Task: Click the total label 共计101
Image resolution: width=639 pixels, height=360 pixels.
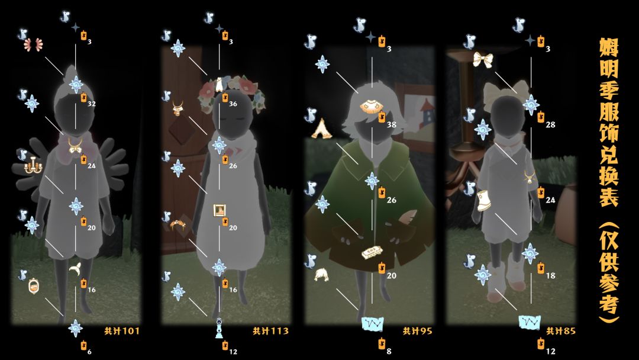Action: tap(122, 330)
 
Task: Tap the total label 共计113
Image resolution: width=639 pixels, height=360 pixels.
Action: tap(270, 330)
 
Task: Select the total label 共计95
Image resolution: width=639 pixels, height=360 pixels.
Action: tap(417, 331)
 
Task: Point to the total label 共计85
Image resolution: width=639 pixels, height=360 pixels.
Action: tap(561, 331)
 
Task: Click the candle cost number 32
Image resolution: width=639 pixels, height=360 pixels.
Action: tap(91, 104)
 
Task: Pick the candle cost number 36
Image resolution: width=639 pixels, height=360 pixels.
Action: tap(233, 104)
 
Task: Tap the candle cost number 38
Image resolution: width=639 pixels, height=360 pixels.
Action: tap(391, 125)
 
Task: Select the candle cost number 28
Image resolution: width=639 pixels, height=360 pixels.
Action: tap(550, 125)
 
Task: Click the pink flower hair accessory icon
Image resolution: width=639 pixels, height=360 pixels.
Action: tap(33, 45)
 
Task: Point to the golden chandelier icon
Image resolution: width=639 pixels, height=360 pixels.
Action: tap(33, 166)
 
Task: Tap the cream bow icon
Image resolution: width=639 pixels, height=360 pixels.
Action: tap(483, 60)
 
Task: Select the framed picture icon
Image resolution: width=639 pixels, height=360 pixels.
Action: tap(220, 210)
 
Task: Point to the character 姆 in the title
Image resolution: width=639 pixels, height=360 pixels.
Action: tap(608, 48)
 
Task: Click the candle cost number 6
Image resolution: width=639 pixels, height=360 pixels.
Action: tap(89, 352)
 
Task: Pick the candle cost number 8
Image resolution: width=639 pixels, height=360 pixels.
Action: tap(389, 352)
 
